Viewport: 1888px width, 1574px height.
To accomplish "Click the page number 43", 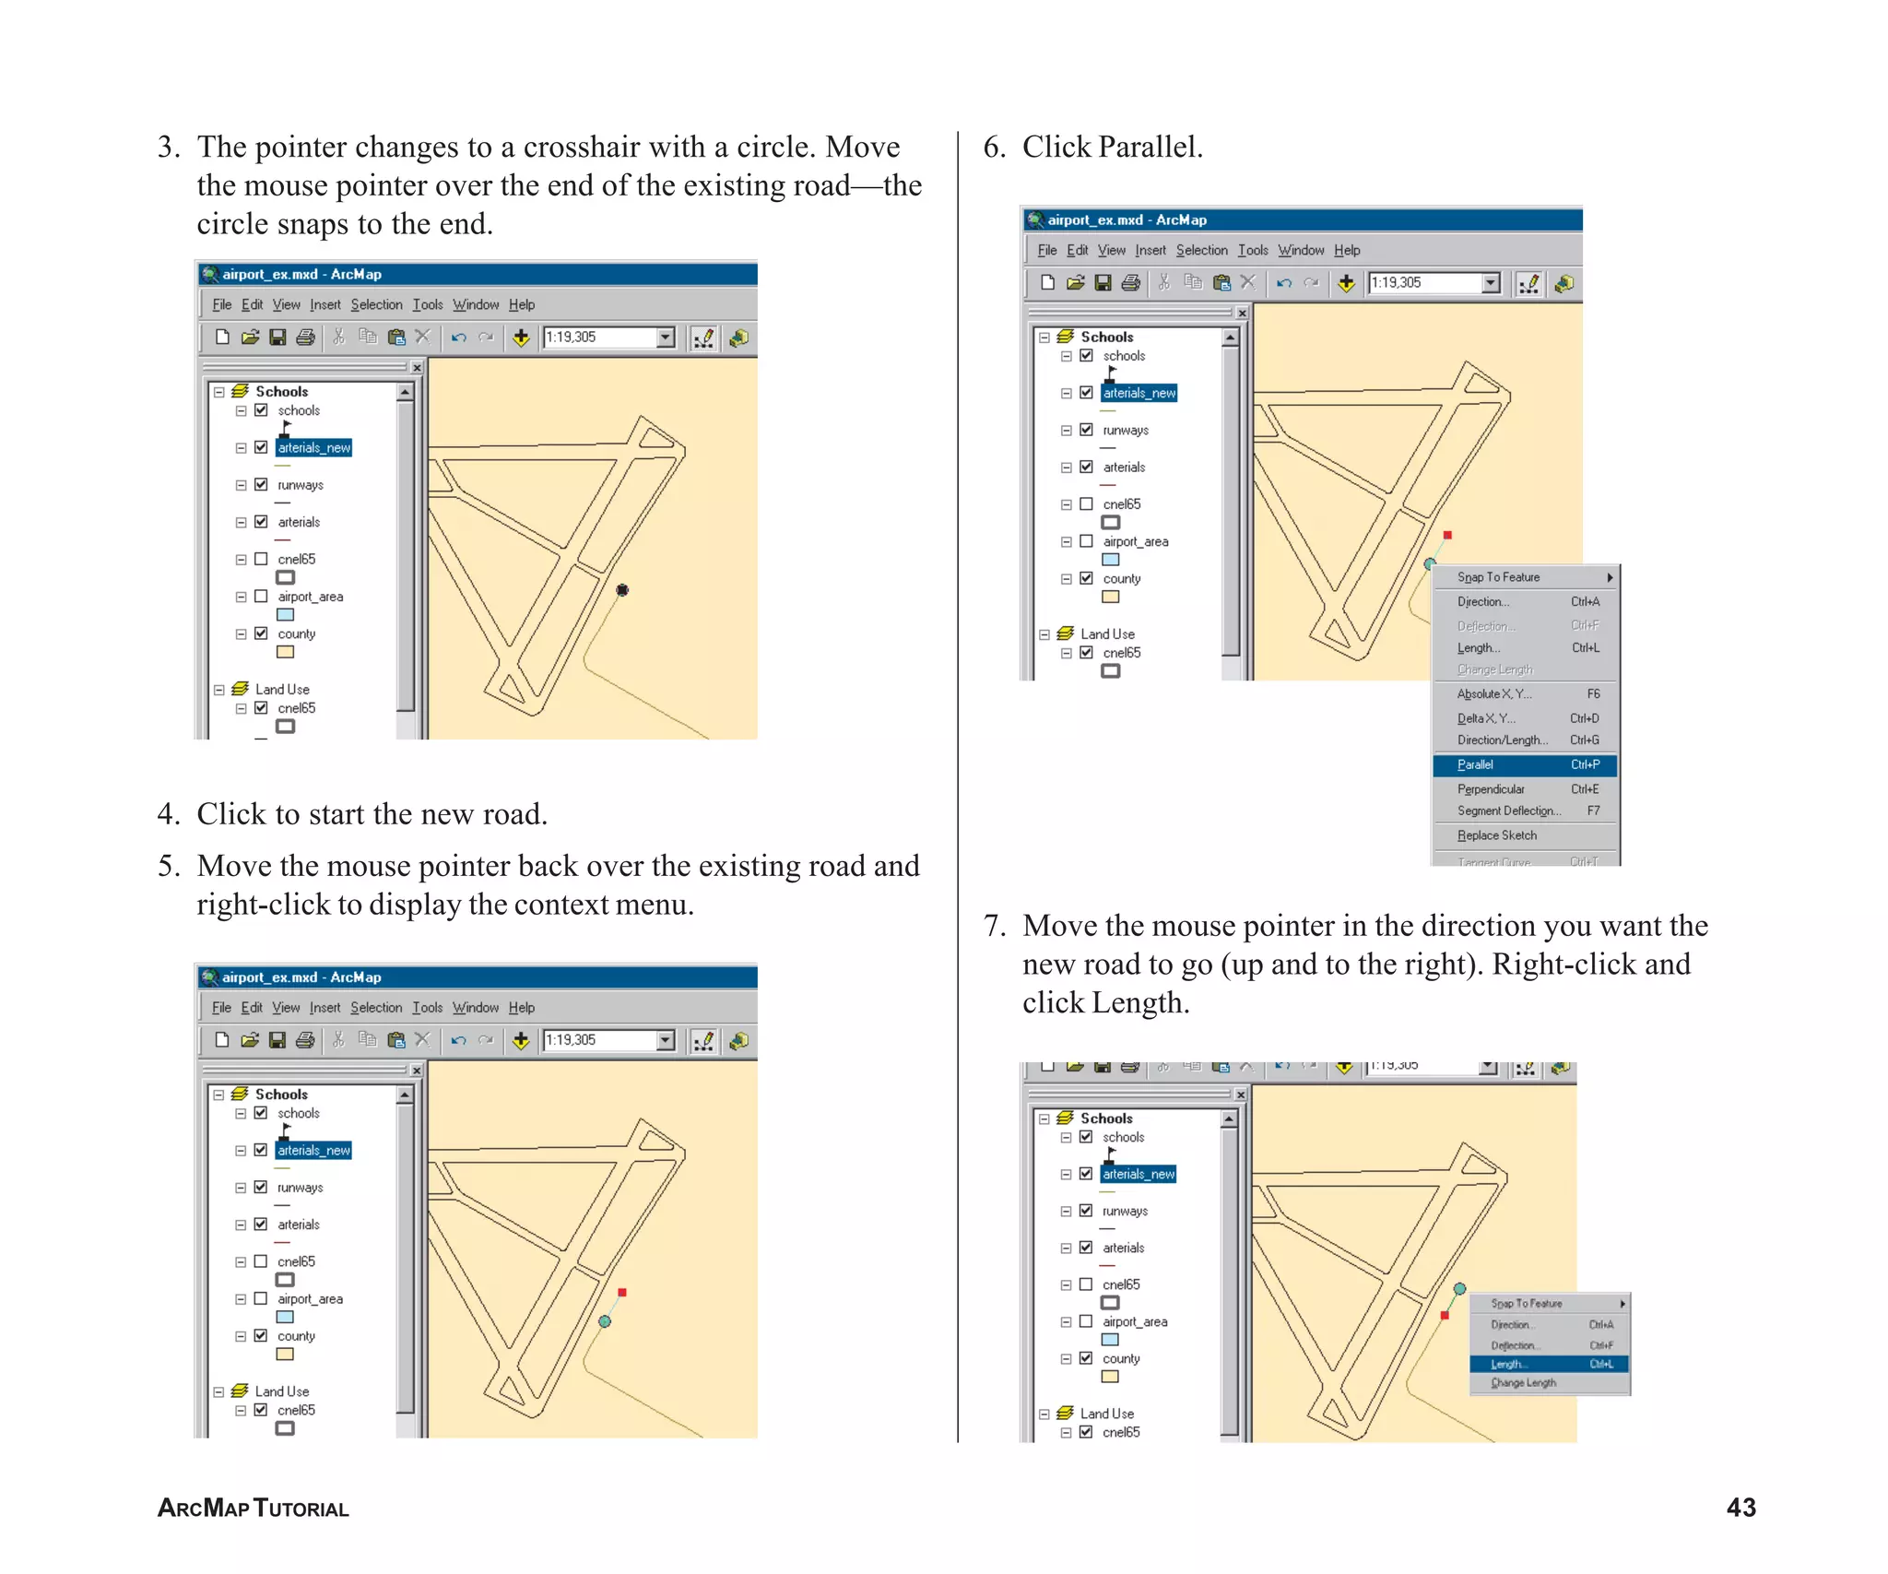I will tap(1740, 1507).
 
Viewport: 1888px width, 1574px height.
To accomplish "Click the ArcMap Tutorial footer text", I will tap(253, 1508).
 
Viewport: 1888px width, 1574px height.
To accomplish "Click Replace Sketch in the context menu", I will tap(1497, 835).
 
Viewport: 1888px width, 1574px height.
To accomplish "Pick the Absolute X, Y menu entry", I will tap(1493, 693).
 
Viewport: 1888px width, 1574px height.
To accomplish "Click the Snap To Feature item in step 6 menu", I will tap(1499, 577).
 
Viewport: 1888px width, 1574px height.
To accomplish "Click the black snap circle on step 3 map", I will tap(622, 590).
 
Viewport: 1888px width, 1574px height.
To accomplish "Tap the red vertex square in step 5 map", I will tap(622, 1293).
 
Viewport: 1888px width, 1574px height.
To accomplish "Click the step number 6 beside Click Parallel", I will tap(993, 148).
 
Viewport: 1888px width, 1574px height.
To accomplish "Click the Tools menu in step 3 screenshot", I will tap(427, 304).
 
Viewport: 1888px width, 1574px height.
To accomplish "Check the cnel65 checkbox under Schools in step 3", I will tap(261, 559).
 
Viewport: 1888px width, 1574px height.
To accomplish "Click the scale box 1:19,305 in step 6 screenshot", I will tap(1423, 283).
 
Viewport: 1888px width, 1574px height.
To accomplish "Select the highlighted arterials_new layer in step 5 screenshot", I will tap(313, 1150).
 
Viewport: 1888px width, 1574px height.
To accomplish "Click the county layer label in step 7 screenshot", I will tap(1121, 1358).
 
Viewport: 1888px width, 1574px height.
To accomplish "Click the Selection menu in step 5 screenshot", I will tap(376, 1007).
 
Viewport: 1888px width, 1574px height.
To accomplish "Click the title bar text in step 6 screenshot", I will tap(1127, 219).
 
